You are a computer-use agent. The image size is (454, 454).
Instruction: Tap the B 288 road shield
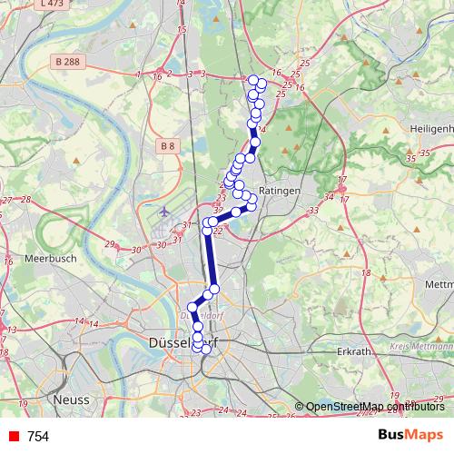(64, 62)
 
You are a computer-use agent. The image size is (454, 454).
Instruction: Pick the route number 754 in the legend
(38, 437)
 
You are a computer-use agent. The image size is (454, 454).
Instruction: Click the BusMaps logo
(410, 435)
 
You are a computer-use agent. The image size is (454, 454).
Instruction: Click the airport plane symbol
(163, 212)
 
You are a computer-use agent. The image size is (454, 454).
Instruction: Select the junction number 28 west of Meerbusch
(25, 200)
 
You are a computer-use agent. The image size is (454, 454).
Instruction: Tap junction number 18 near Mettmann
(366, 272)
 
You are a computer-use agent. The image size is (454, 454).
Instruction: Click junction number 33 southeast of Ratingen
(313, 210)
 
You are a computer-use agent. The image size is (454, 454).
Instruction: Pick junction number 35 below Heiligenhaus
(411, 159)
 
